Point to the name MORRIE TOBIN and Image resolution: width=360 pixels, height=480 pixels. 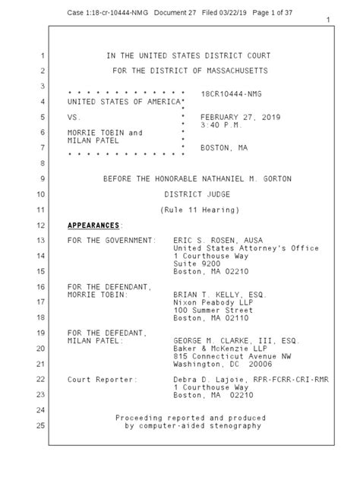click(x=105, y=133)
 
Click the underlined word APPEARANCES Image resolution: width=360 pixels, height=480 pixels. click(x=93, y=226)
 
